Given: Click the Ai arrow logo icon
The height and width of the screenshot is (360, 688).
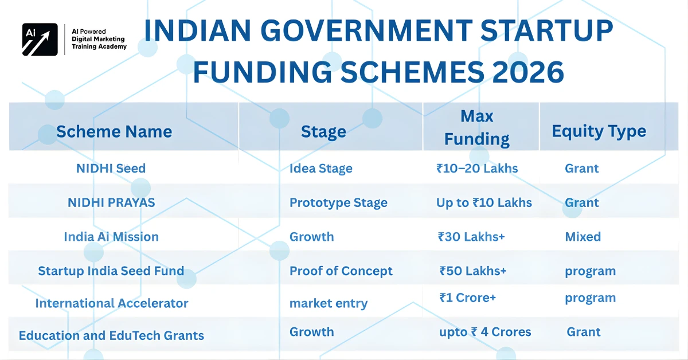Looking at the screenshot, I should [40, 40].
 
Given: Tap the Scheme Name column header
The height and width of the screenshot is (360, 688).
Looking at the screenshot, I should [114, 132].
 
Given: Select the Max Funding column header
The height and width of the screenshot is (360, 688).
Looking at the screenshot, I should [477, 127].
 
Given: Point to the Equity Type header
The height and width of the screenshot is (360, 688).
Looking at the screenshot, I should [599, 131].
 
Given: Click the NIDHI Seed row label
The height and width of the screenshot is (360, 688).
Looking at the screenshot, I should [111, 169].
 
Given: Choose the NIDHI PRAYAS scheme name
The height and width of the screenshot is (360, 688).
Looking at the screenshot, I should [111, 202].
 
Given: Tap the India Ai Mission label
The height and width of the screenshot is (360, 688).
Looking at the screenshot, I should [111, 237].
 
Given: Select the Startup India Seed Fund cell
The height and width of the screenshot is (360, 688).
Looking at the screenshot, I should [111, 271].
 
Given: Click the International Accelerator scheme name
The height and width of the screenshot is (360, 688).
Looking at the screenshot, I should [112, 303].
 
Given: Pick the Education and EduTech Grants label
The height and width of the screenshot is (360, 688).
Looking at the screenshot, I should [111, 335].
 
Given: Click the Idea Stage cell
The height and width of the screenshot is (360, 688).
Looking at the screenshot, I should [320, 169].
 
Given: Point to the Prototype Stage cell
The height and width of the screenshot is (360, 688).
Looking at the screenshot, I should [338, 203].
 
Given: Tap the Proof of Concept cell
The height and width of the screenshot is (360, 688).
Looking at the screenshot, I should [341, 271].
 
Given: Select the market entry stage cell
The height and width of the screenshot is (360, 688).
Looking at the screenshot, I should [329, 304].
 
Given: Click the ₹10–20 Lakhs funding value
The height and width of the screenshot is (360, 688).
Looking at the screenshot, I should [477, 169].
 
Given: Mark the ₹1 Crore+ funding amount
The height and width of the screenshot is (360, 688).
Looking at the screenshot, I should [468, 298].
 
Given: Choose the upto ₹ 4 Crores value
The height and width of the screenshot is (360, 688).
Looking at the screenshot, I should [485, 332].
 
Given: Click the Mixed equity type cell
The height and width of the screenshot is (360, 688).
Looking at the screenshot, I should [583, 237].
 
